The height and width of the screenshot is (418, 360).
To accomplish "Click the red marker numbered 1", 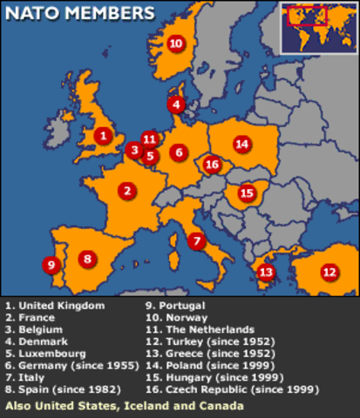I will click(103, 135).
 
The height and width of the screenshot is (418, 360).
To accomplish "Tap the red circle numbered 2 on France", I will click(126, 190).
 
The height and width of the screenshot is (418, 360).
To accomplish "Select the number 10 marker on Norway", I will click(175, 43).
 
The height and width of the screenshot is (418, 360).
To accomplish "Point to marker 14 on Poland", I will click(241, 144).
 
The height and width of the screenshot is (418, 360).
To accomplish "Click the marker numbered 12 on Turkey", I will click(329, 272).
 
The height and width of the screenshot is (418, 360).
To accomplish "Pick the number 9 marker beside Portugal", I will click(51, 265).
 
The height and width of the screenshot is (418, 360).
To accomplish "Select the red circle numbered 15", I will click(247, 192).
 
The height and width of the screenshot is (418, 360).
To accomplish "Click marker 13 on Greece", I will click(266, 273).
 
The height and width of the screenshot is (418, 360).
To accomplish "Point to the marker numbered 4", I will click(177, 104).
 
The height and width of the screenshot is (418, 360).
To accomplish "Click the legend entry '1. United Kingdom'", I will click(55, 306).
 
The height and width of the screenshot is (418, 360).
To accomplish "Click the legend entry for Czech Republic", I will click(226, 390).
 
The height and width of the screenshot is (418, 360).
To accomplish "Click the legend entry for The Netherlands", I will click(200, 330).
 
